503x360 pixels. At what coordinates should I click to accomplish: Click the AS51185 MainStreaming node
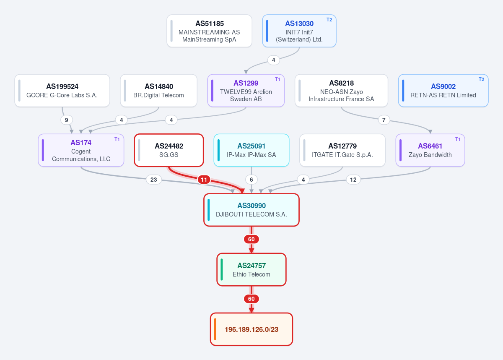[x=209, y=31]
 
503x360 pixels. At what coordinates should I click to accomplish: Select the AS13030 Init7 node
[x=299, y=31]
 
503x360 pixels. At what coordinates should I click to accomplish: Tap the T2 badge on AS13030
[x=329, y=20]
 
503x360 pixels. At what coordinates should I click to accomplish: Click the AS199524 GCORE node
[x=62, y=91]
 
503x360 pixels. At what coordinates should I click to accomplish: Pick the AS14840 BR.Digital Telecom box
[x=158, y=91]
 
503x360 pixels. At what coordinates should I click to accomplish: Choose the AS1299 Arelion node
[x=246, y=91]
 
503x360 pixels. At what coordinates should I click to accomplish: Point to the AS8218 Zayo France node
[x=341, y=91]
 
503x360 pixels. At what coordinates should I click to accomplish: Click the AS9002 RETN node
[x=443, y=91]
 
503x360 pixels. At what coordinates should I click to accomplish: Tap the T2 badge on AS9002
[x=481, y=79]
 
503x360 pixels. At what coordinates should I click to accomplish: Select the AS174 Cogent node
[x=81, y=150]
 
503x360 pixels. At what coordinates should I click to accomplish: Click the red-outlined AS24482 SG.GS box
[x=169, y=150]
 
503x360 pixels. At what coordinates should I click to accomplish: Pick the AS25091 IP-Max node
[x=251, y=150]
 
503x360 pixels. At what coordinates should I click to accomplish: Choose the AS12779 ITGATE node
[x=342, y=150]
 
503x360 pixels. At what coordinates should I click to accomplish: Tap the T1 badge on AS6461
[x=458, y=139]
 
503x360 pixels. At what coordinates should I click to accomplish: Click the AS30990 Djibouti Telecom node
[x=251, y=210]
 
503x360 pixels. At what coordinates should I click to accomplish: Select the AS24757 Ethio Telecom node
[x=251, y=270]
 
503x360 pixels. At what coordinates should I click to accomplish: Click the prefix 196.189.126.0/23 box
[x=251, y=329]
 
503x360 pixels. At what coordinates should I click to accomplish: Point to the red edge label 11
[x=204, y=180]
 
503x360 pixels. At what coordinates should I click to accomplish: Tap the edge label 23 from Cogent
[x=153, y=180]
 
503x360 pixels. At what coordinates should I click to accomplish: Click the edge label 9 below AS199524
[x=67, y=120]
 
